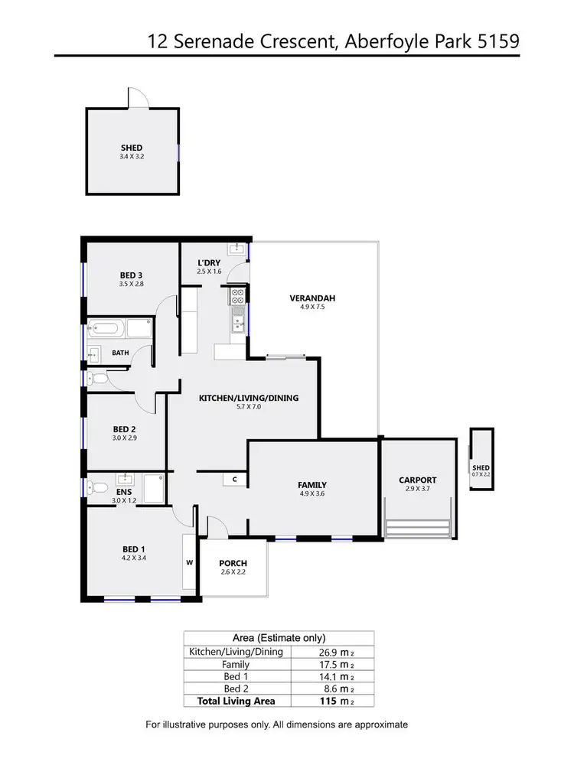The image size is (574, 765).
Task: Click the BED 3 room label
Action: (x=131, y=275)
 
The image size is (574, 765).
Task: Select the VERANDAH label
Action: (x=312, y=298)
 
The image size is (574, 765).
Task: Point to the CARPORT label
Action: (x=417, y=480)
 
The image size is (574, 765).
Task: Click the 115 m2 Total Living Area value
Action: (x=335, y=700)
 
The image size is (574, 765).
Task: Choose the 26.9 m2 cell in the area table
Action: (x=335, y=652)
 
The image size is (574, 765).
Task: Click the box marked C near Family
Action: (x=235, y=479)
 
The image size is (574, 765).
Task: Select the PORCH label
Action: (x=233, y=563)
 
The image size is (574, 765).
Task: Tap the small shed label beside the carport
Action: (x=481, y=468)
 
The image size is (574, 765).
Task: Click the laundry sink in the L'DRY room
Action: (x=237, y=249)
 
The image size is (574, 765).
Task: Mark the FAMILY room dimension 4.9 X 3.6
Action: (x=312, y=495)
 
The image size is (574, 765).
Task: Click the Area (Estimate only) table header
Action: (x=279, y=637)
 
